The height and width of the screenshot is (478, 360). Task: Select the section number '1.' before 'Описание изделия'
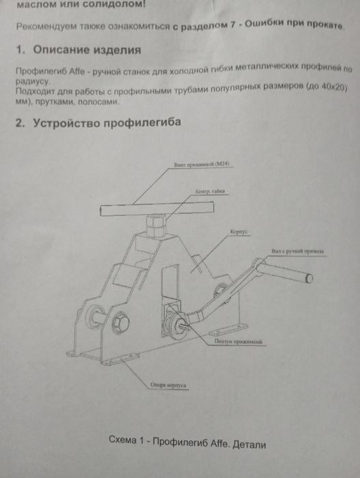point(20,51)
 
